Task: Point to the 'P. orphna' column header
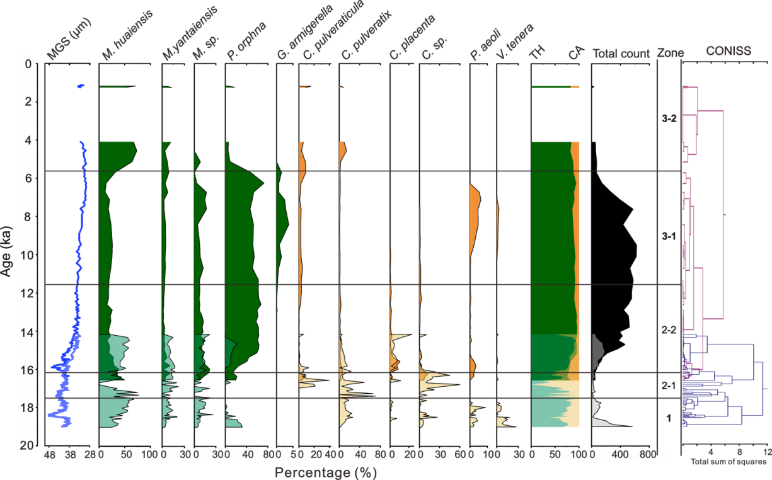[x=245, y=42]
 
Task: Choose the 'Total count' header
[x=621, y=54]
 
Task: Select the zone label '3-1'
[x=669, y=236]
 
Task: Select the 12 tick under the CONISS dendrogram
[x=767, y=453]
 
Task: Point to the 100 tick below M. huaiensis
[x=149, y=454]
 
